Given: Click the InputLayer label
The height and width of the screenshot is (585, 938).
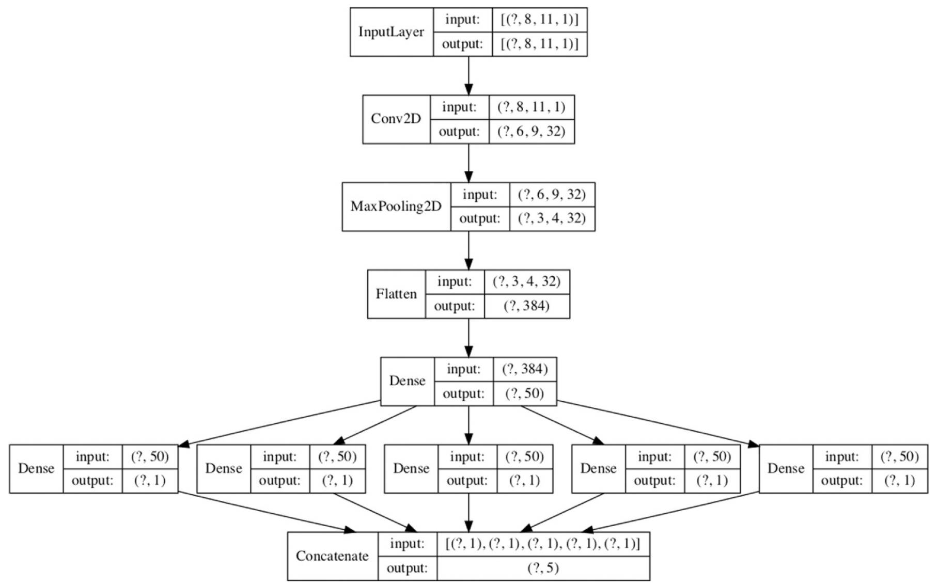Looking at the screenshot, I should coord(391,32).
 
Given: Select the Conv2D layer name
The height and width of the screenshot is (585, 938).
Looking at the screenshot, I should coord(396,119).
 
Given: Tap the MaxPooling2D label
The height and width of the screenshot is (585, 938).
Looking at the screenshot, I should coord(396,207).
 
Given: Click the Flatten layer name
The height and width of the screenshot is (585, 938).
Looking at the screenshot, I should coord(396,294).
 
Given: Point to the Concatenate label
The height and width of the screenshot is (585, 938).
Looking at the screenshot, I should coord(332,556).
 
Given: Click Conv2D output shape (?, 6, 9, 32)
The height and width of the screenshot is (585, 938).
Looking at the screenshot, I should coord(531,131).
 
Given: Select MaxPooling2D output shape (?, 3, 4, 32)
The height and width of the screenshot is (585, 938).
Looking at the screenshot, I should coord(552,218).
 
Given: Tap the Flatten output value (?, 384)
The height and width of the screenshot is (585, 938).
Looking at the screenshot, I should coord(526,306).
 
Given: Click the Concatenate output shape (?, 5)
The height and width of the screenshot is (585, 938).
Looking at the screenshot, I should coord(543,568).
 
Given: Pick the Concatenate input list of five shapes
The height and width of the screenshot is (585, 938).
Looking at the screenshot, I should coord(543,544).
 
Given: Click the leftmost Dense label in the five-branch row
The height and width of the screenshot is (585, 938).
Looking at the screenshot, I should coord(36,468).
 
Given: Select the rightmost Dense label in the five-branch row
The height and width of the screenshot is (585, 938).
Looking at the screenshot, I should coord(786,468).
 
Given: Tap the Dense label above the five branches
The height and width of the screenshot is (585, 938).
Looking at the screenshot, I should coord(407,381).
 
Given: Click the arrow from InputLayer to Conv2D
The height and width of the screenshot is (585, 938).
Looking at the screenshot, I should coord(468,75).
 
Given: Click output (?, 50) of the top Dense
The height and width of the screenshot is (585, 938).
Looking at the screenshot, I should coord(524,393).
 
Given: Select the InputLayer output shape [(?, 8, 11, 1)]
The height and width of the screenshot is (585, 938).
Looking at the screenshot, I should coord(539,44).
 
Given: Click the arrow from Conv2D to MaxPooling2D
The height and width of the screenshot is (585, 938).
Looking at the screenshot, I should coord(468,163).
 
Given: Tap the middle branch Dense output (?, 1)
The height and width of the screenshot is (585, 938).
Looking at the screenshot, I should coord(524,481).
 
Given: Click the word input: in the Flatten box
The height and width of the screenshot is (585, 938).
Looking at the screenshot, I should coord(455,282).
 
